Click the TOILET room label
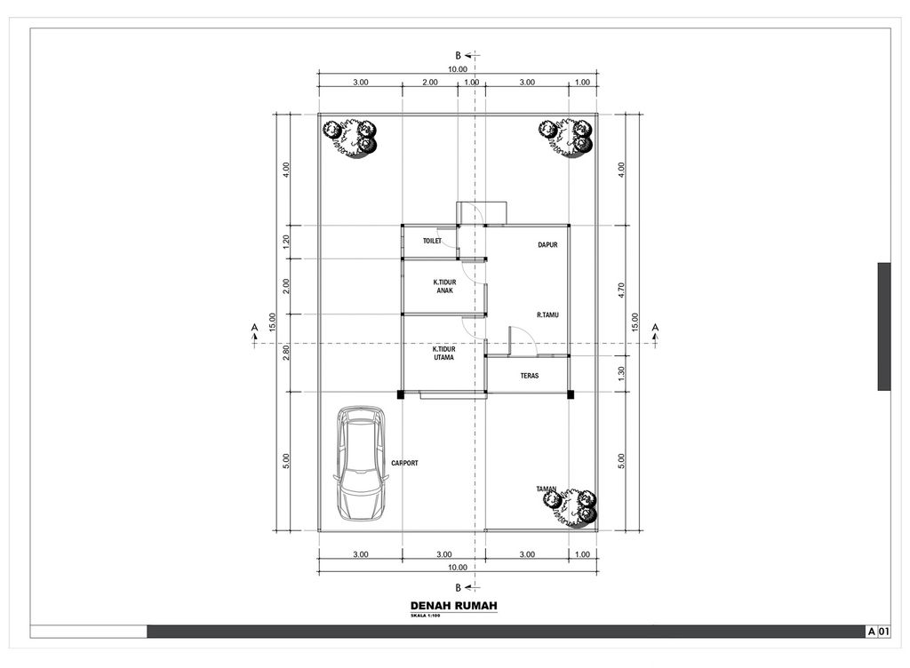[432, 241]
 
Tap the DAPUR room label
[547, 245]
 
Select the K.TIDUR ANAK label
[444, 286]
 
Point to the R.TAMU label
[547, 314]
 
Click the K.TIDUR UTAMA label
[444, 354]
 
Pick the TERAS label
[530, 376]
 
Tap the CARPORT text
[404, 464]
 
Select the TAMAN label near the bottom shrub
[546, 489]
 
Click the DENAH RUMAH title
[453, 606]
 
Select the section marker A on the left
[255, 329]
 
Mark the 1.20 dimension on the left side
[286, 242]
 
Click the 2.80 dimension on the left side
[286, 353]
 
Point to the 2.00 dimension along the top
[429, 82]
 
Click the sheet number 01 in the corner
[883, 631]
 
